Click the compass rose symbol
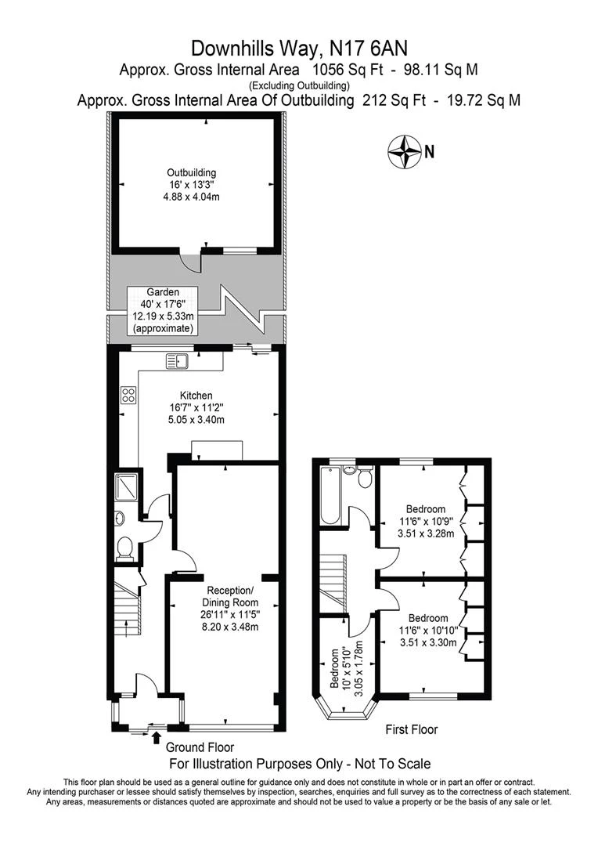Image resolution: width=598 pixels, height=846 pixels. click(404, 152)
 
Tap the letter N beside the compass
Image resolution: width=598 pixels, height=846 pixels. click(429, 152)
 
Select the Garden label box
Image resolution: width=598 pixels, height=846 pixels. click(163, 310)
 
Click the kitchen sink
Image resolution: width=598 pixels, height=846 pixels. click(178, 361)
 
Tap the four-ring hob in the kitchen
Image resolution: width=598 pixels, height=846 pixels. click(129, 395)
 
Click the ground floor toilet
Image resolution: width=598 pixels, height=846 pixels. click(124, 548)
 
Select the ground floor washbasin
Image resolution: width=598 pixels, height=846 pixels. click(120, 519)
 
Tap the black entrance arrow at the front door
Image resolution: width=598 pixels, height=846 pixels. click(157, 737)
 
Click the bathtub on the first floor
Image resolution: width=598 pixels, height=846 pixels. click(329, 495)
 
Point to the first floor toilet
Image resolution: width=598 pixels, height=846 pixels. click(366, 477)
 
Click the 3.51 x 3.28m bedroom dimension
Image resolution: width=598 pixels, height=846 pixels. click(426, 533)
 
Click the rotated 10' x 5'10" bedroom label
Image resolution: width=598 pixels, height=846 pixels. click(346, 667)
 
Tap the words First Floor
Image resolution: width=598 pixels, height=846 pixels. click(412, 729)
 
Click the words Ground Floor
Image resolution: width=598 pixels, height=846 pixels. click(200, 747)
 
